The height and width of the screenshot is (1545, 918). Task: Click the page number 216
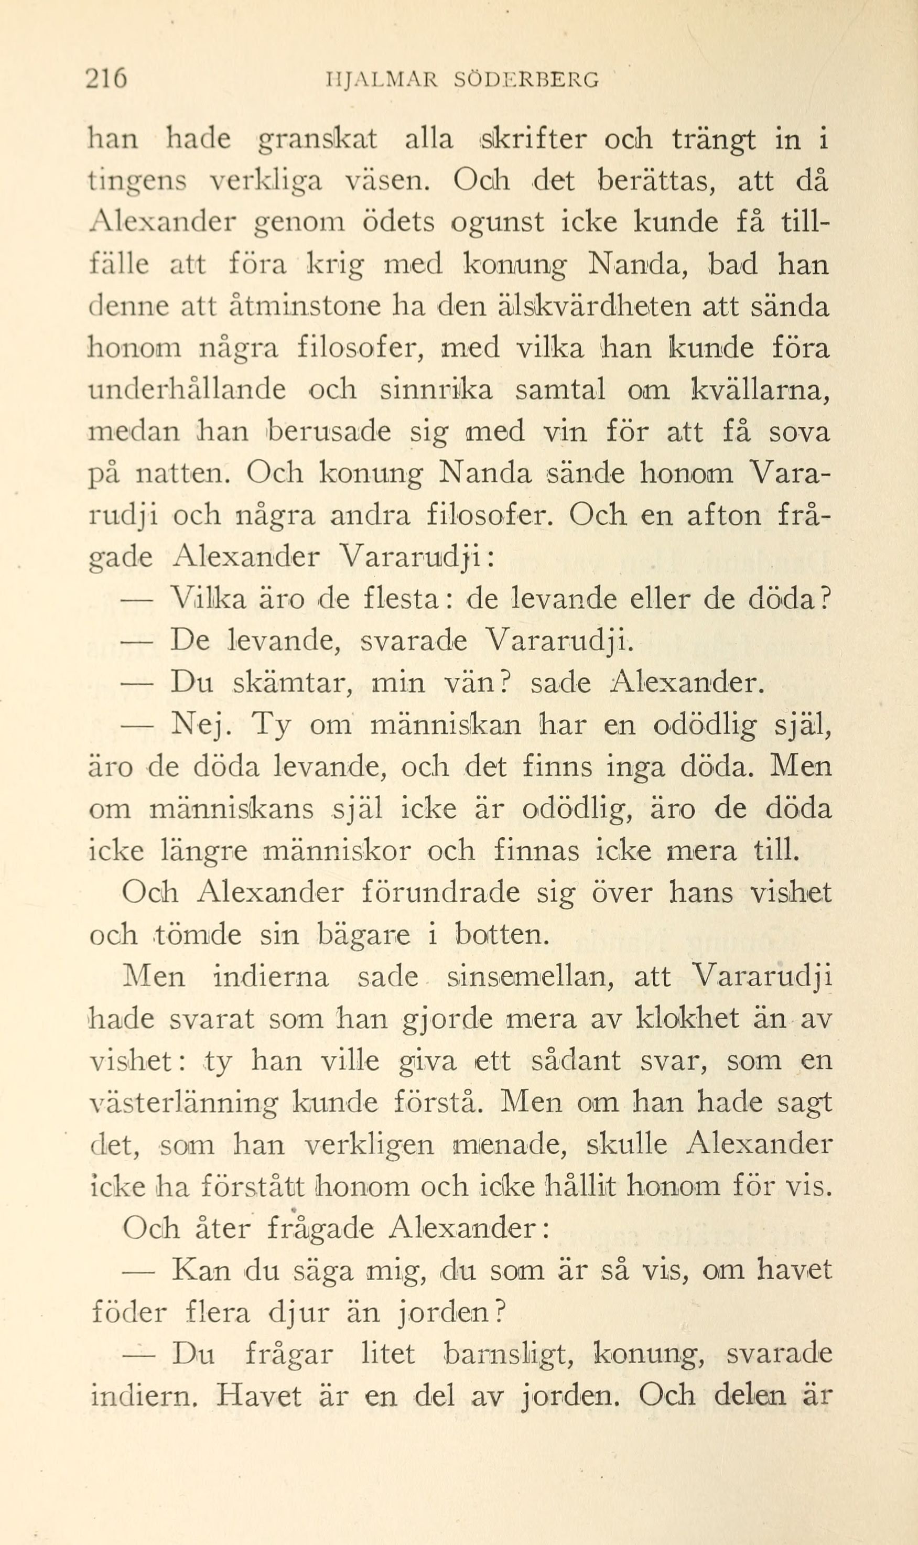(106, 80)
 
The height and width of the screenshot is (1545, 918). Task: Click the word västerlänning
(183, 1103)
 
